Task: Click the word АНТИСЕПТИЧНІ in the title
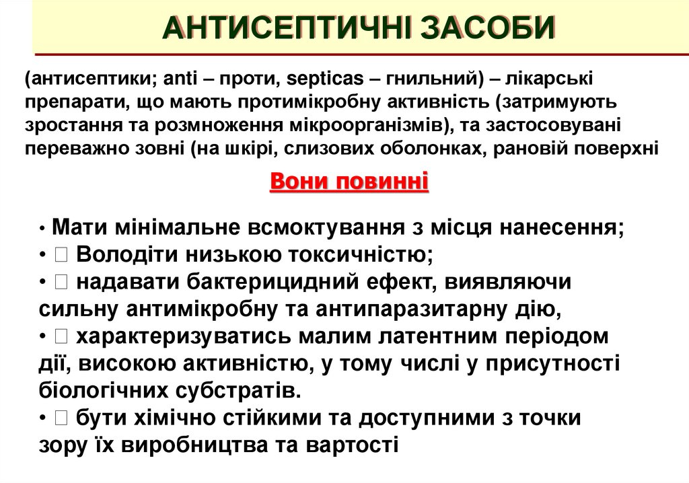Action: point(283,28)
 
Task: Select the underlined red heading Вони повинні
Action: point(349,182)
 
